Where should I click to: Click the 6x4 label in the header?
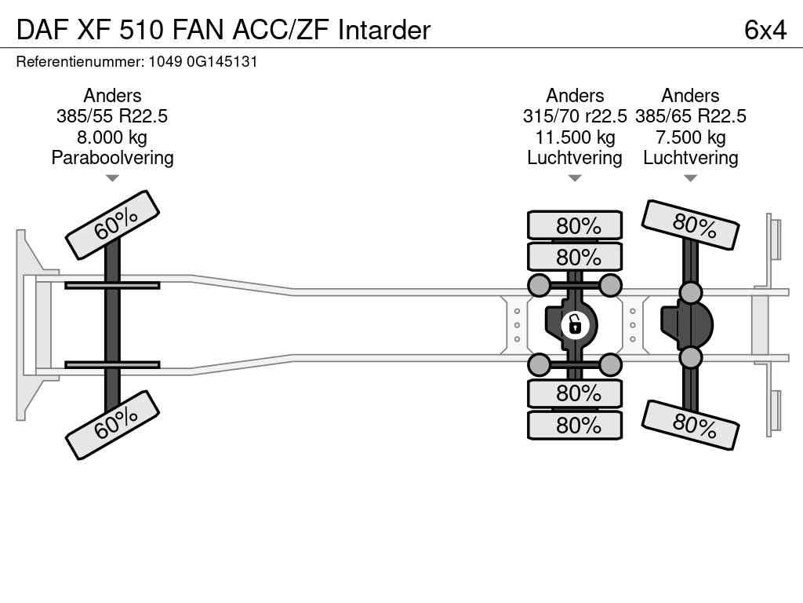pyautogui.click(x=765, y=30)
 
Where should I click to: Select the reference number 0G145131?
pyautogui.click(x=222, y=61)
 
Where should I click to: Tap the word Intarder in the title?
pyautogui.click(x=384, y=30)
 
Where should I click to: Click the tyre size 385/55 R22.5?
pyautogui.click(x=112, y=116)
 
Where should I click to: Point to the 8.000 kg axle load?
pyautogui.click(x=112, y=137)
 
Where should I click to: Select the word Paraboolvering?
pyautogui.click(x=112, y=158)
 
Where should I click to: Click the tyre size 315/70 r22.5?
pyautogui.click(x=575, y=116)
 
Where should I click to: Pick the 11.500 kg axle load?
pyautogui.click(x=575, y=137)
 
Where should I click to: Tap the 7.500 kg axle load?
pyautogui.click(x=690, y=137)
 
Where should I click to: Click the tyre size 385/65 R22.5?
pyautogui.click(x=690, y=116)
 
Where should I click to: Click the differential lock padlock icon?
pyautogui.click(x=575, y=324)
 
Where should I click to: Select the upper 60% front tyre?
pyautogui.click(x=112, y=225)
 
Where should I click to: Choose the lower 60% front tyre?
pyautogui.click(x=112, y=425)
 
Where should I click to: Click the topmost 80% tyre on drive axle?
pyautogui.click(x=575, y=225)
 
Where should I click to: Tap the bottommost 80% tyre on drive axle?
pyautogui.click(x=575, y=425)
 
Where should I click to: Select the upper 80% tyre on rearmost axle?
pyautogui.click(x=690, y=225)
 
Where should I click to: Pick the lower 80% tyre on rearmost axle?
pyautogui.click(x=690, y=425)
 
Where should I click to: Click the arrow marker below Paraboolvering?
pyautogui.click(x=112, y=178)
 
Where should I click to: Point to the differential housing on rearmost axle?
pyautogui.click(x=686, y=325)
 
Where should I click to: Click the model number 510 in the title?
pyautogui.click(x=142, y=30)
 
